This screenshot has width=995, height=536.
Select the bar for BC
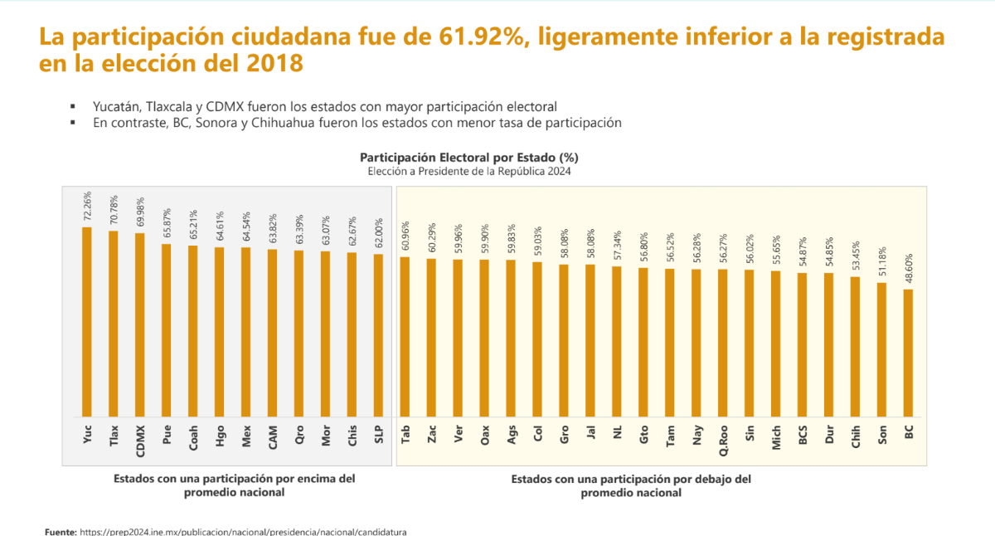click(x=909, y=353)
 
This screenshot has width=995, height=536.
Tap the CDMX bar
click(x=140, y=324)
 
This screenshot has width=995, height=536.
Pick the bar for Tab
click(x=405, y=336)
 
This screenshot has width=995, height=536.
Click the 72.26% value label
click(x=87, y=207)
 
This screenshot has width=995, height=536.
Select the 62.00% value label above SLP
click(x=378, y=235)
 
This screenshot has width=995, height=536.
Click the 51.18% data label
click(x=882, y=262)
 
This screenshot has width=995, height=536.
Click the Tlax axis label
click(x=114, y=436)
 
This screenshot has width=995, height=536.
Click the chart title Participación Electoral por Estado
click(x=469, y=157)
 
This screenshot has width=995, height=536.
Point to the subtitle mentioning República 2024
click(x=469, y=171)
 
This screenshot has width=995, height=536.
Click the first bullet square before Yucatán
click(x=73, y=107)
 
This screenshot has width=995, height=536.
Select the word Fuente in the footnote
click(x=61, y=531)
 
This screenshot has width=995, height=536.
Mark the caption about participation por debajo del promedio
click(x=631, y=485)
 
